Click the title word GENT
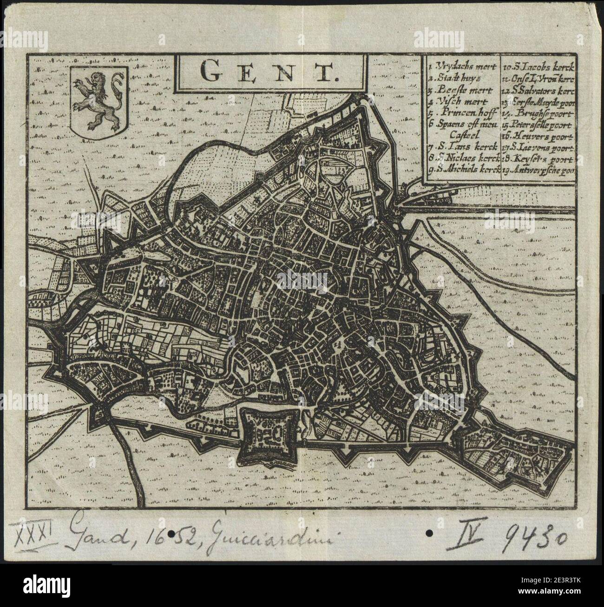click(x=269, y=71)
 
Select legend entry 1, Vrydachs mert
click(x=463, y=66)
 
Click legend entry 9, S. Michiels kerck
click(x=463, y=170)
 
